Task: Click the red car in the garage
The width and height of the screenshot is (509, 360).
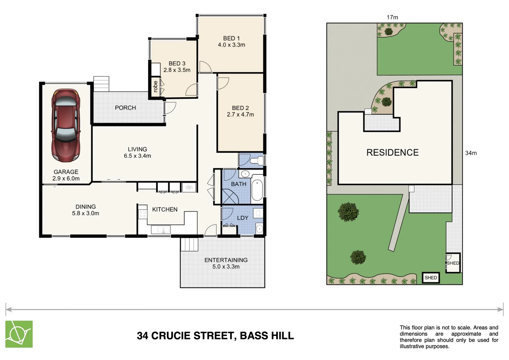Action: pos(66,125)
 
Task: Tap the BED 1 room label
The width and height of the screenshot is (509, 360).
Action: pos(231,38)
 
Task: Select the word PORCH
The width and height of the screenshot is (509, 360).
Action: pos(125,108)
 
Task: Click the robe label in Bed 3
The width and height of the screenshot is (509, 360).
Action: pos(156,86)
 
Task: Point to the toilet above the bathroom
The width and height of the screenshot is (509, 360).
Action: pos(257,161)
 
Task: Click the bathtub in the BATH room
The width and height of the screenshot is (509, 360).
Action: pos(257,190)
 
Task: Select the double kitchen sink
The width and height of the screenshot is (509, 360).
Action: pos(161,229)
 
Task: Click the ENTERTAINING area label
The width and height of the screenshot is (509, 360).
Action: pos(226,260)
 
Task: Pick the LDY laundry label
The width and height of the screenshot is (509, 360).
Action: pos(243,218)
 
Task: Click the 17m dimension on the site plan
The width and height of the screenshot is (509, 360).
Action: pos(392,17)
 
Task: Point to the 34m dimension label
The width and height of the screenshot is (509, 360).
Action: pos(471,153)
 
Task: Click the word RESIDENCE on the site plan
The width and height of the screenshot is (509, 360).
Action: pos(392,152)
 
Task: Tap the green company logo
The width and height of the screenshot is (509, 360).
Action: pos(19,334)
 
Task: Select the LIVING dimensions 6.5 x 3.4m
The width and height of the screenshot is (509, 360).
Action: pos(137,156)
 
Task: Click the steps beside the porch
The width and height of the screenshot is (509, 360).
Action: pos(101,84)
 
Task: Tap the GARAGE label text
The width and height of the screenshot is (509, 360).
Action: pos(66,172)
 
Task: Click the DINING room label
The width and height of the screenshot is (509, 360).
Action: pos(85,207)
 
